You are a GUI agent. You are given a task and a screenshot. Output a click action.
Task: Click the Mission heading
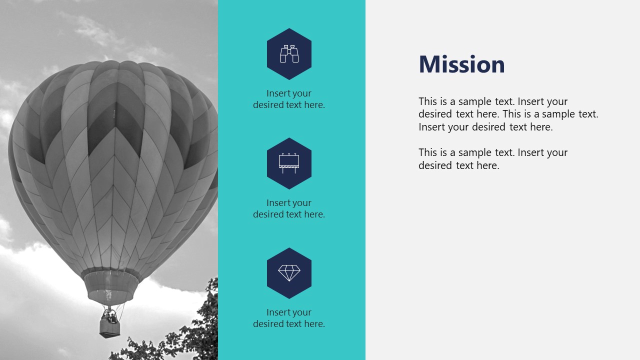click(x=461, y=64)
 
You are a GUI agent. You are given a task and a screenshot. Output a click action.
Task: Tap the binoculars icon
click(x=289, y=54)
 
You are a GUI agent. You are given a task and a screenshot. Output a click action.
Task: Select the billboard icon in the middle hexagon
click(x=289, y=163)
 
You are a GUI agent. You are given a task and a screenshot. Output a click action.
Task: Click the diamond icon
click(x=289, y=273)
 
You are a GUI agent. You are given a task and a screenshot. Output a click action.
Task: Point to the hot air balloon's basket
click(x=109, y=327)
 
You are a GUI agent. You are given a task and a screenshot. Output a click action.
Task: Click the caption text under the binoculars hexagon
click(x=289, y=99)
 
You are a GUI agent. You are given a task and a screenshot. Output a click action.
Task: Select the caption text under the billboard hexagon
click(x=289, y=208)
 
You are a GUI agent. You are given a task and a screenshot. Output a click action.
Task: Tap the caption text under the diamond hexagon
click(x=289, y=318)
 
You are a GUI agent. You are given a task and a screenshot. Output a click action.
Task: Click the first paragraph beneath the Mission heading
click(x=508, y=114)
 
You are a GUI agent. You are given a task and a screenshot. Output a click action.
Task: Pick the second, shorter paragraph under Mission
click(x=492, y=159)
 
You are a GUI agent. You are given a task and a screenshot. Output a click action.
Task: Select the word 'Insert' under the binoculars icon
click(x=277, y=93)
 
